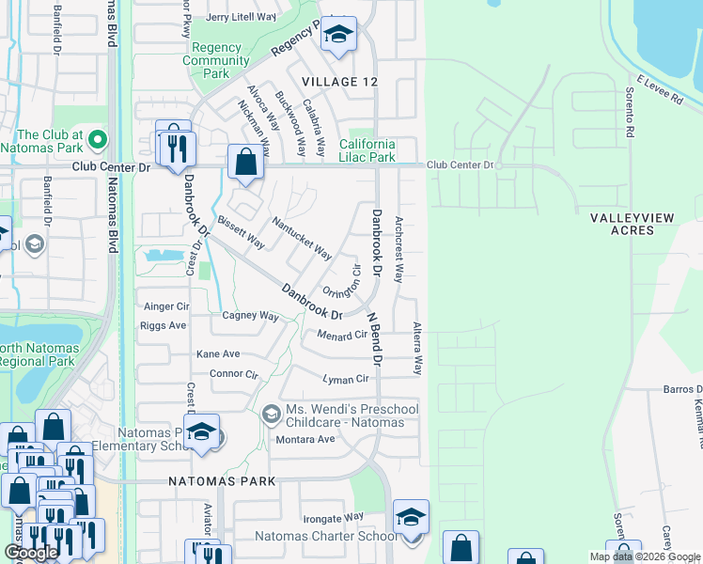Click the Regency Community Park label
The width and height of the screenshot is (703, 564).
(x=217, y=60)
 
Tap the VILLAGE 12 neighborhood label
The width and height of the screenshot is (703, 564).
(x=340, y=82)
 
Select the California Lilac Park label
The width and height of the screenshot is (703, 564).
(x=367, y=150)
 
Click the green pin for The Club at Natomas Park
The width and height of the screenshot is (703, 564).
(x=98, y=142)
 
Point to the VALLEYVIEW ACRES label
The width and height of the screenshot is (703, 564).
(x=632, y=224)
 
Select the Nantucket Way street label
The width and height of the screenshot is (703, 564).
(x=302, y=239)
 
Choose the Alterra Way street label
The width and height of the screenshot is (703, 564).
(x=416, y=348)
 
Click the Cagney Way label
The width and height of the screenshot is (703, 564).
(x=250, y=317)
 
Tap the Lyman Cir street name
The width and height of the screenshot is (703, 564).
(x=346, y=379)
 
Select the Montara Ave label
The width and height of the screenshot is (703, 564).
(x=305, y=439)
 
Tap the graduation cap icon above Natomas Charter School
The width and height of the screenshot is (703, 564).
(x=411, y=518)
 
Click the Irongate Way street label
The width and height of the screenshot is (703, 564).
(x=333, y=517)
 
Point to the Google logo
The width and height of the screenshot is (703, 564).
(x=31, y=553)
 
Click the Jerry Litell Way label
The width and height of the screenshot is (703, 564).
(x=241, y=17)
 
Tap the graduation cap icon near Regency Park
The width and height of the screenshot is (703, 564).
(x=337, y=35)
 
